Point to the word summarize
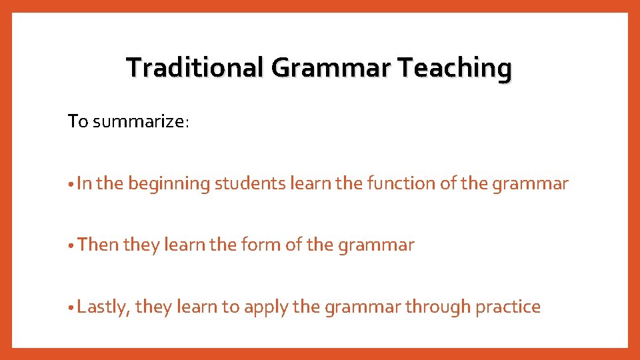pyautogui.click(x=141, y=122)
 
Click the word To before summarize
pyautogui.click(x=78, y=122)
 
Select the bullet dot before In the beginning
pyautogui.click(x=71, y=185)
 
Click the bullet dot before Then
pyautogui.click(x=71, y=246)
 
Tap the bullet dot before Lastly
pyautogui.click(x=71, y=308)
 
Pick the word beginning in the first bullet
pyautogui.click(x=169, y=184)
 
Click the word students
pyautogui.click(x=250, y=184)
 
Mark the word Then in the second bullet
pyautogui.click(x=98, y=245)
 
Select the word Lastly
pyautogui.click(x=103, y=307)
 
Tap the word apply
pyautogui.click(x=266, y=307)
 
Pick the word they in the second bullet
pyautogui.click(x=141, y=245)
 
